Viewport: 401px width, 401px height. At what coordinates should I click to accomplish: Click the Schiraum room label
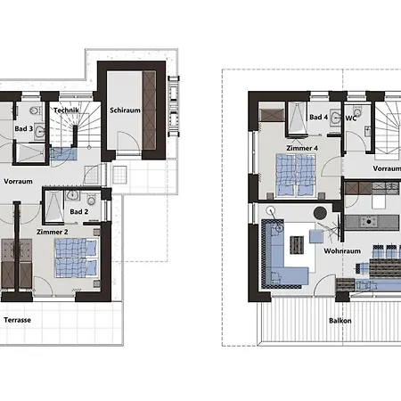(x=125, y=110)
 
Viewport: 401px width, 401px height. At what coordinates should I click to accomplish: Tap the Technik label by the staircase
(x=66, y=110)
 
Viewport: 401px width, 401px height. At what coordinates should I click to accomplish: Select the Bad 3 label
(x=24, y=128)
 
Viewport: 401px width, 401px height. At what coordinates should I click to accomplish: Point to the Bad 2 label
(x=79, y=211)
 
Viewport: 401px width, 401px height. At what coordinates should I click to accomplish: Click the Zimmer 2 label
(x=53, y=232)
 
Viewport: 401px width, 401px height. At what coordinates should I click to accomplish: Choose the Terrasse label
(x=18, y=320)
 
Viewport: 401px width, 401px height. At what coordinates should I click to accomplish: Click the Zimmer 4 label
(x=302, y=148)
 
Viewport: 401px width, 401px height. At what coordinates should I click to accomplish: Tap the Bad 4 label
(x=318, y=117)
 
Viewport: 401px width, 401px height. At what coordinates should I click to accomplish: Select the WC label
(x=351, y=119)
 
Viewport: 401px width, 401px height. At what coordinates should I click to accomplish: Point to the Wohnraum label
(x=342, y=251)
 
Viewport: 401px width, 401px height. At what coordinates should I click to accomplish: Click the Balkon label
(x=340, y=321)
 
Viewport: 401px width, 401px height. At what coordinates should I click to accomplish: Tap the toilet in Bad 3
(x=36, y=110)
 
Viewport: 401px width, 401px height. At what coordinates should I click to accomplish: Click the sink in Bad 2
(x=72, y=195)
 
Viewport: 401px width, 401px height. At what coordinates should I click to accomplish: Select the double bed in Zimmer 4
(x=295, y=175)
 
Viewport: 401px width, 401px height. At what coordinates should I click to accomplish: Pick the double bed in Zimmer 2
(x=76, y=258)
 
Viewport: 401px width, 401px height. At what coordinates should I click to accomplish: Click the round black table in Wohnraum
(x=320, y=213)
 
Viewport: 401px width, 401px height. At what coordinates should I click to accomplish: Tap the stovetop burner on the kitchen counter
(x=369, y=222)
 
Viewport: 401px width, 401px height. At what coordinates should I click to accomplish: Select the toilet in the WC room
(x=357, y=112)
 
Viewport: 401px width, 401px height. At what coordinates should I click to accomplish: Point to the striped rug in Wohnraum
(x=297, y=245)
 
